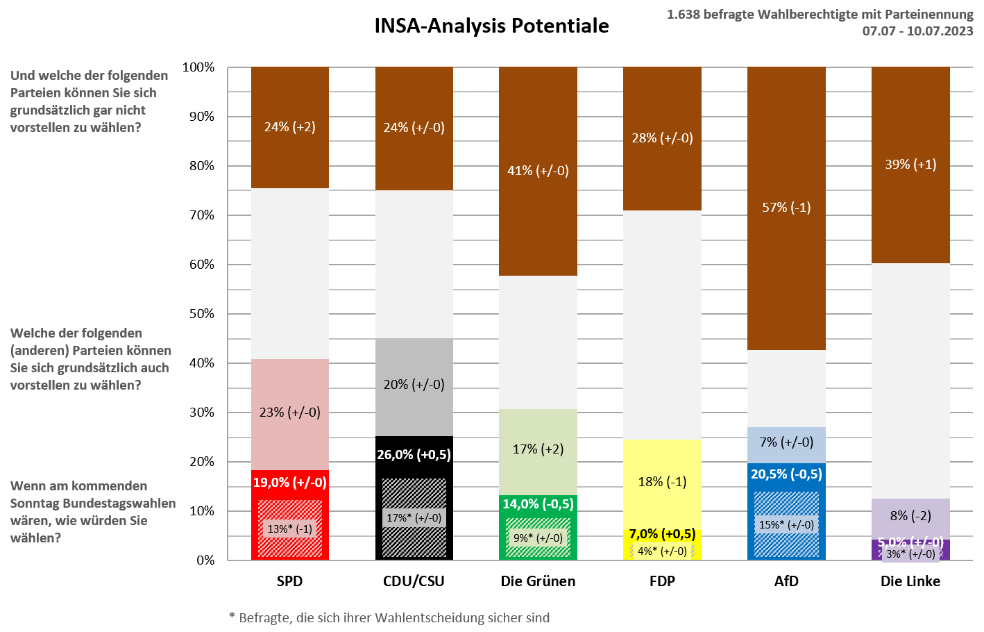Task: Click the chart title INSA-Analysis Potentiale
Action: pos(491,26)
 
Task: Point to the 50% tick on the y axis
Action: pos(202,314)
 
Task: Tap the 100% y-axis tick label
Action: pos(198,67)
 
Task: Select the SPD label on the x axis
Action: pos(289,581)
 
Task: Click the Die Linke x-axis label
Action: pos(910,581)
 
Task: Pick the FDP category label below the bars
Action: pos(662,581)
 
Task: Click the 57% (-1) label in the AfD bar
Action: pos(786,207)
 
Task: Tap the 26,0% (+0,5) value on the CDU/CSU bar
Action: pos(414,455)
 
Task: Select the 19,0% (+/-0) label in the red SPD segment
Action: pos(289,482)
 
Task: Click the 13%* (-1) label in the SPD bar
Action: pos(289,529)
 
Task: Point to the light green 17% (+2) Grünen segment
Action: pos(538,449)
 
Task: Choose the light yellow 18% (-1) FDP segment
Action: pos(662,482)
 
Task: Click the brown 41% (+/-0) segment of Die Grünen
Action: pos(538,171)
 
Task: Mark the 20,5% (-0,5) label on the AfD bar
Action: pos(786,474)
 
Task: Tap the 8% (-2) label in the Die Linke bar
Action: pos(910,516)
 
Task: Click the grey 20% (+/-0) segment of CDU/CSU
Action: pos(414,385)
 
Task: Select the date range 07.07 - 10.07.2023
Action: pos(917,31)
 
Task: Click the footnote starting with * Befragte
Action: pos(389,617)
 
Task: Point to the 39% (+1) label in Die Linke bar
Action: pos(910,165)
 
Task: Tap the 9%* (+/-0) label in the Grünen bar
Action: pos(538,538)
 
